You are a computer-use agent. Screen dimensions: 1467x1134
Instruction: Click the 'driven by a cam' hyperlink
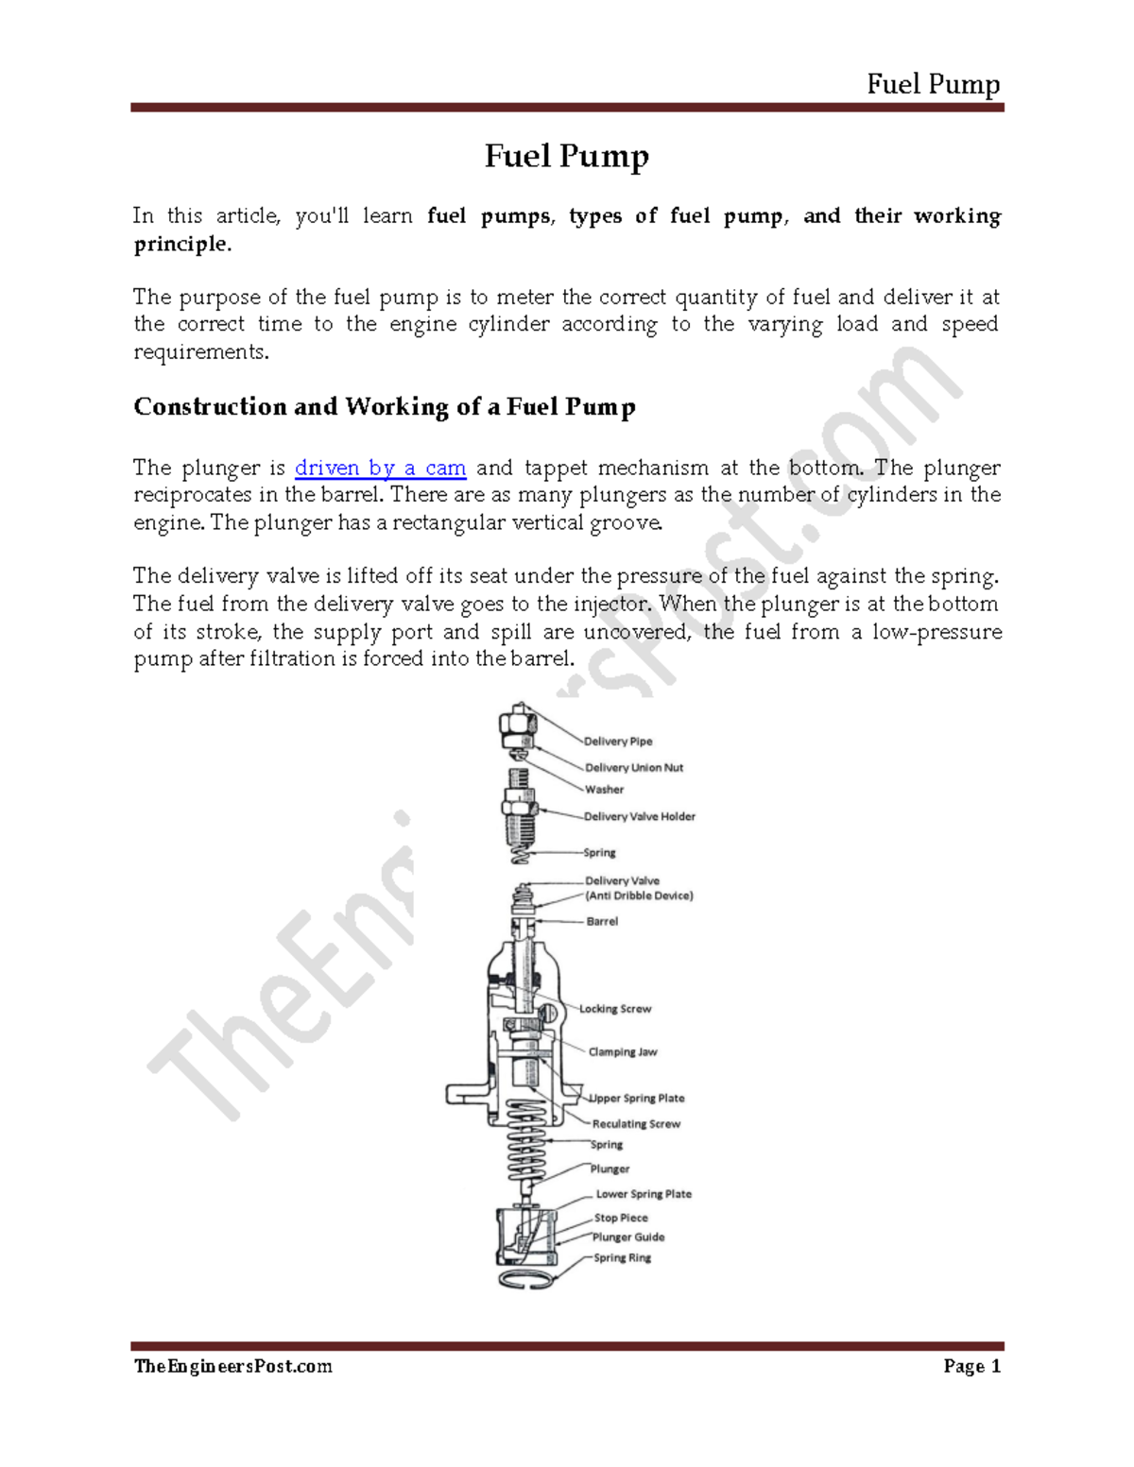pyautogui.click(x=380, y=469)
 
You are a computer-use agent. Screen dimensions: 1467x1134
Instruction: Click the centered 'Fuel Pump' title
pyautogui.click(x=566, y=156)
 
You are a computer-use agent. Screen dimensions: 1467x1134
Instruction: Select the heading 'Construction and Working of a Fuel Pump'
pyautogui.click(x=384, y=407)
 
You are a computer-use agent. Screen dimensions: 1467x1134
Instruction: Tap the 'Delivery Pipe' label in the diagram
pyautogui.click(x=618, y=742)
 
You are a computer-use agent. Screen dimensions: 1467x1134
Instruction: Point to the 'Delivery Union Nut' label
pyautogui.click(x=634, y=768)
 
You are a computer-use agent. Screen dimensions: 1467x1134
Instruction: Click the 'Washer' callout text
pyautogui.click(x=604, y=790)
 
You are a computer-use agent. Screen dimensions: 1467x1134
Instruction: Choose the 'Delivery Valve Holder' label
pyautogui.click(x=640, y=816)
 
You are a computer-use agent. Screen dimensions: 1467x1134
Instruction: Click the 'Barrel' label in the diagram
pyautogui.click(x=602, y=921)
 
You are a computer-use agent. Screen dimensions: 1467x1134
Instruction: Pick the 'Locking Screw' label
pyautogui.click(x=615, y=1009)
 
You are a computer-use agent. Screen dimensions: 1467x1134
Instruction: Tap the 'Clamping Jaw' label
pyautogui.click(x=623, y=1051)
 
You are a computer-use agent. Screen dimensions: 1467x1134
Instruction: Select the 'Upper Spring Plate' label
pyautogui.click(x=638, y=1098)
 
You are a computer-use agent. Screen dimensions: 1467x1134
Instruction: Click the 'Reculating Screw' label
pyautogui.click(x=636, y=1124)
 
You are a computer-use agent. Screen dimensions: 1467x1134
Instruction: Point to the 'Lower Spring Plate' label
pyautogui.click(x=644, y=1194)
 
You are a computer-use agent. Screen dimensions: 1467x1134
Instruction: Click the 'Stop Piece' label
pyautogui.click(x=621, y=1218)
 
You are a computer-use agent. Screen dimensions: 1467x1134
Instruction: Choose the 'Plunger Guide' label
pyautogui.click(x=628, y=1237)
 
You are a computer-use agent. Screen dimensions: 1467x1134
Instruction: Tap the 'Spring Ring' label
pyautogui.click(x=622, y=1257)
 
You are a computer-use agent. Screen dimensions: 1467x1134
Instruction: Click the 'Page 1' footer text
pyautogui.click(x=971, y=1367)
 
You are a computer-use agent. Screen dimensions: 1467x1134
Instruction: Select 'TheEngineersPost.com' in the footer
pyautogui.click(x=232, y=1367)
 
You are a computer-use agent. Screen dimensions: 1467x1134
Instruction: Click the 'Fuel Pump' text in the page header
pyautogui.click(x=933, y=85)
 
